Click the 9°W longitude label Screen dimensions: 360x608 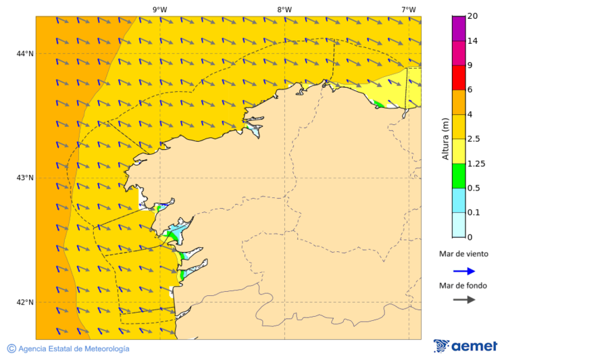tap(159, 9)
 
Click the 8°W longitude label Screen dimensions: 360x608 tap(284, 9)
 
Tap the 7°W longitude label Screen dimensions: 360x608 tap(408, 9)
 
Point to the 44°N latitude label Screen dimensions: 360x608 tap(25, 53)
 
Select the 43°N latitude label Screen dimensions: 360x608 tap(25, 178)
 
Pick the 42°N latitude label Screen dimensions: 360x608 tap(25, 302)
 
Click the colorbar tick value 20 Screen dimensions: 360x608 tap(472, 16)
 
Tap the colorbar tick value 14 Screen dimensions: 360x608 tap(472, 41)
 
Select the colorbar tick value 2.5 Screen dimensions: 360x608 tap(474, 139)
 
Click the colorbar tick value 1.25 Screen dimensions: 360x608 tap(476, 163)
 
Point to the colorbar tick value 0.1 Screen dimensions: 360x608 tap(474, 213)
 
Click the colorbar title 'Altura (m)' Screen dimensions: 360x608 tap(445, 138)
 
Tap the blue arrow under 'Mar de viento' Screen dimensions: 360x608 tap(464, 271)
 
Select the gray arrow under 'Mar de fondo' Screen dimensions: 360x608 tap(464, 300)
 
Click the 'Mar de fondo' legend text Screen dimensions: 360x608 tap(463, 285)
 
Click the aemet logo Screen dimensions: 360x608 tap(465, 346)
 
